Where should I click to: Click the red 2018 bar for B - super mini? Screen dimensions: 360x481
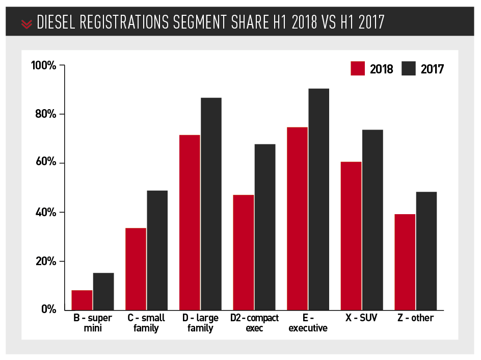tap(82, 300)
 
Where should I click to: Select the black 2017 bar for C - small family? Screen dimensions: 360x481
tap(157, 250)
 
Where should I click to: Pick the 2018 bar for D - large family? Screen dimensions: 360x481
tap(190, 222)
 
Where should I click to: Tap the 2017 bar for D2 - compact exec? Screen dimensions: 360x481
tap(265, 227)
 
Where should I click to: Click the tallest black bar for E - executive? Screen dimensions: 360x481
tap(318, 199)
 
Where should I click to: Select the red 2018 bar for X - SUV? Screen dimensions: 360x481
tap(351, 236)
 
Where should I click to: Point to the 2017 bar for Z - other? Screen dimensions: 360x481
tap(426, 250)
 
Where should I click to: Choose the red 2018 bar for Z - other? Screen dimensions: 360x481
tap(405, 262)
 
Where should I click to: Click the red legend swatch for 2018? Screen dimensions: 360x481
tap(358, 68)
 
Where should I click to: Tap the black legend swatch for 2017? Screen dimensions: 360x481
tap(409, 68)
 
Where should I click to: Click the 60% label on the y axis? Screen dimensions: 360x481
tap(45, 163)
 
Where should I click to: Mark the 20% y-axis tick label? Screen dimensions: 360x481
tap(45, 261)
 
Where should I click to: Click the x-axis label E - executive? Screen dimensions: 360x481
tap(308, 323)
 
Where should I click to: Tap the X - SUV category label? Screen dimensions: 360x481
tap(361, 318)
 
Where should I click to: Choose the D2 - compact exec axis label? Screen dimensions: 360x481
tap(254, 323)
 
